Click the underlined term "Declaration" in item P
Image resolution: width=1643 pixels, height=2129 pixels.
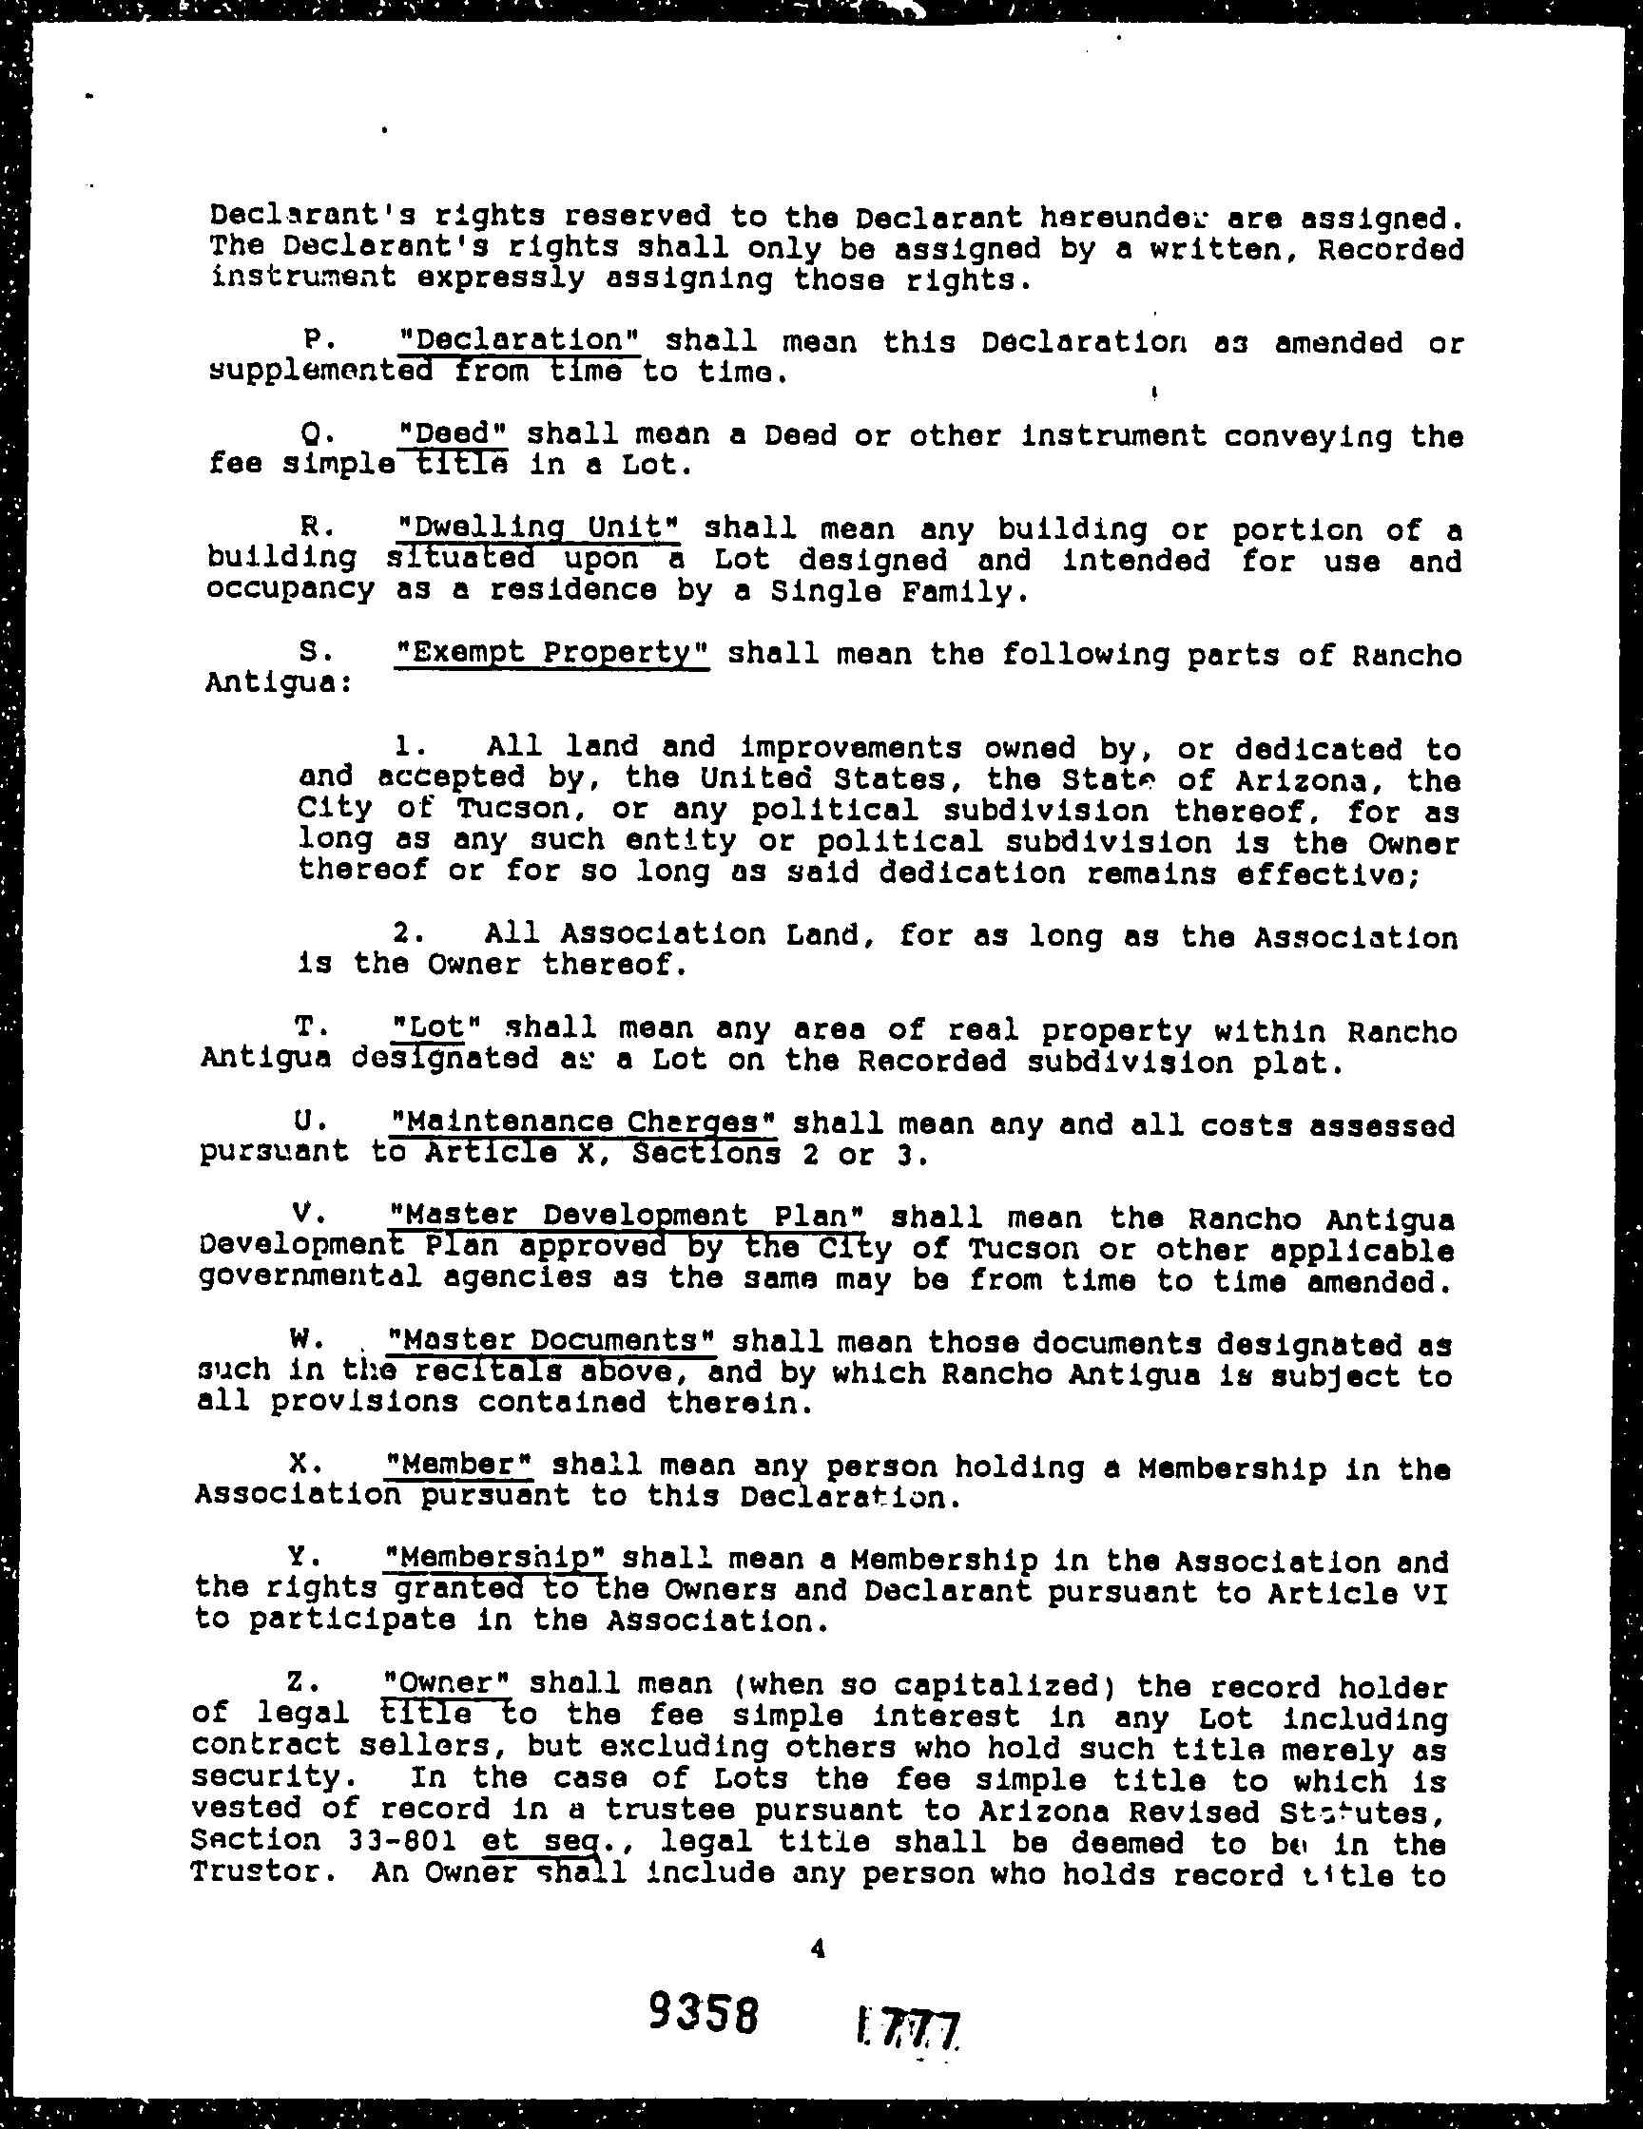pos(521,341)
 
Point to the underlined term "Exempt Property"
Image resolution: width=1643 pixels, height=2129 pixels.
pos(550,653)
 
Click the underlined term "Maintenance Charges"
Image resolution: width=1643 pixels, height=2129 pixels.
pos(582,1123)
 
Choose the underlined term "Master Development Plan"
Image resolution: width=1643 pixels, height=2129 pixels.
pos(625,1217)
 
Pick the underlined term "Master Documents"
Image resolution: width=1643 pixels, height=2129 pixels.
pos(551,1341)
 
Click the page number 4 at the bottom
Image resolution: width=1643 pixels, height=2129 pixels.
pos(817,1947)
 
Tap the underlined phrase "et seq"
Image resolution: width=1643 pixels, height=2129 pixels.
pos(537,1840)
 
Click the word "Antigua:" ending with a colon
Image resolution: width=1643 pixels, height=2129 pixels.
pos(278,682)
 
